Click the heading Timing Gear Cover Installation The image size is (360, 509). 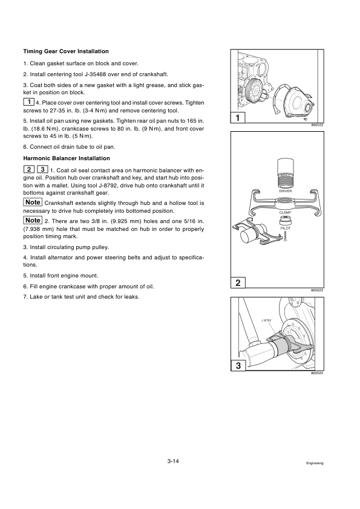coord(66,51)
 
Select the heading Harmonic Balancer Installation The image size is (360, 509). coord(67,158)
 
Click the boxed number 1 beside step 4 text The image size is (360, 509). coord(29,102)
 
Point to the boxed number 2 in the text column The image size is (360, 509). coord(29,169)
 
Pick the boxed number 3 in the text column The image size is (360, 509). coord(42,169)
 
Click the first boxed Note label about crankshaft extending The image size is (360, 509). coord(33,203)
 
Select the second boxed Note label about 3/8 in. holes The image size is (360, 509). coord(33,220)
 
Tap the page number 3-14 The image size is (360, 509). coord(173,461)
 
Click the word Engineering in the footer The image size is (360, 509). coord(315,463)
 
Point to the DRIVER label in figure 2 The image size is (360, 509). coord(285,191)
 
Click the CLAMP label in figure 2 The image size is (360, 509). coord(285,213)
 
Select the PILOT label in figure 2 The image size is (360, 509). coord(285,229)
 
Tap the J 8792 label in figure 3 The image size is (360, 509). coord(266,320)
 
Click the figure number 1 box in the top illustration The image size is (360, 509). coord(238,117)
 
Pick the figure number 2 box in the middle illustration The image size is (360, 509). coord(238,283)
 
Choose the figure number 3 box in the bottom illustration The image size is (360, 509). coord(238,366)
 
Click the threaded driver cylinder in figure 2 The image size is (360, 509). coord(285,173)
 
